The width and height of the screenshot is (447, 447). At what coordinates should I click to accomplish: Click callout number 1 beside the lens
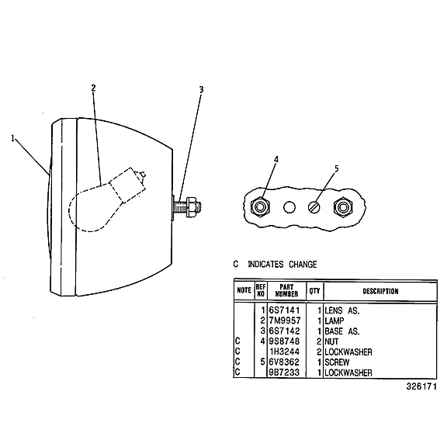pyautogui.click(x=12, y=139)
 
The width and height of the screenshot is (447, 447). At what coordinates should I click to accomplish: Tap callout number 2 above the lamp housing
pyautogui.click(x=93, y=88)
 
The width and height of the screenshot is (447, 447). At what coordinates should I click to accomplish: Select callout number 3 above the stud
pyautogui.click(x=201, y=89)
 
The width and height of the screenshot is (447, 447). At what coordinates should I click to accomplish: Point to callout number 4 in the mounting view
pyautogui.click(x=275, y=160)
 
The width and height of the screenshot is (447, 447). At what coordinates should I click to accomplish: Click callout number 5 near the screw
pyautogui.click(x=337, y=168)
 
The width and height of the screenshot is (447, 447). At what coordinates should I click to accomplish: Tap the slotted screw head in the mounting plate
pyautogui.click(x=314, y=207)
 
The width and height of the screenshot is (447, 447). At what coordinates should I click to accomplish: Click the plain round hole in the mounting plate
pyautogui.click(x=289, y=207)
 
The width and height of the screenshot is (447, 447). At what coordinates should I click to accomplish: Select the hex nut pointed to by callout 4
pyautogui.click(x=260, y=207)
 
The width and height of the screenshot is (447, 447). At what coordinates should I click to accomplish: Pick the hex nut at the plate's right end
pyautogui.click(x=343, y=207)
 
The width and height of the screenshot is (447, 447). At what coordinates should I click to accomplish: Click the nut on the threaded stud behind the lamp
pyautogui.click(x=191, y=206)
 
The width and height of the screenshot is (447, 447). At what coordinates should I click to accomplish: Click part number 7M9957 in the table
pyautogui.click(x=285, y=321)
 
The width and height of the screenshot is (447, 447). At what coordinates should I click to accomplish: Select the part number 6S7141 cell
pyautogui.click(x=285, y=310)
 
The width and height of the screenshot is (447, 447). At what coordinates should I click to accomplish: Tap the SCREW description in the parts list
pyautogui.click(x=337, y=362)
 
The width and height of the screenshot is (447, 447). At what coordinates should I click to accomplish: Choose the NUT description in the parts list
pyautogui.click(x=331, y=341)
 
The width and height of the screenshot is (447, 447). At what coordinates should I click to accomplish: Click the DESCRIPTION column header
pyautogui.click(x=380, y=291)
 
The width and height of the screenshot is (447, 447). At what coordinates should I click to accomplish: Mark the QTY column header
pyautogui.click(x=315, y=291)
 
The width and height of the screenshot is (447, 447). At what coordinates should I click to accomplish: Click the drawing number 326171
pyautogui.click(x=421, y=386)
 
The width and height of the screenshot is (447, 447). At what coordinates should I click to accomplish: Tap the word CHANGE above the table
pyautogui.click(x=303, y=265)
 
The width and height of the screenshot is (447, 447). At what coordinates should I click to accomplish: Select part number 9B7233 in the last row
pyautogui.click(x=285, y=372)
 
